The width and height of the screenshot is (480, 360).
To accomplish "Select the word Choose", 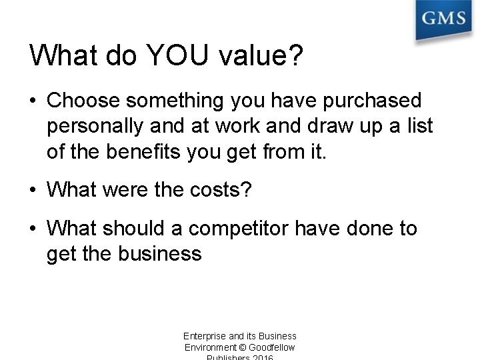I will [83, 101].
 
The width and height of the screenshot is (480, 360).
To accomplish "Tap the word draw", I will [305, 125].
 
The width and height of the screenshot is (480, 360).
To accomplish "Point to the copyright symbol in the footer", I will [240, 347].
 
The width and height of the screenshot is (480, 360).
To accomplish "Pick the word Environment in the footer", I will [209, 347].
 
